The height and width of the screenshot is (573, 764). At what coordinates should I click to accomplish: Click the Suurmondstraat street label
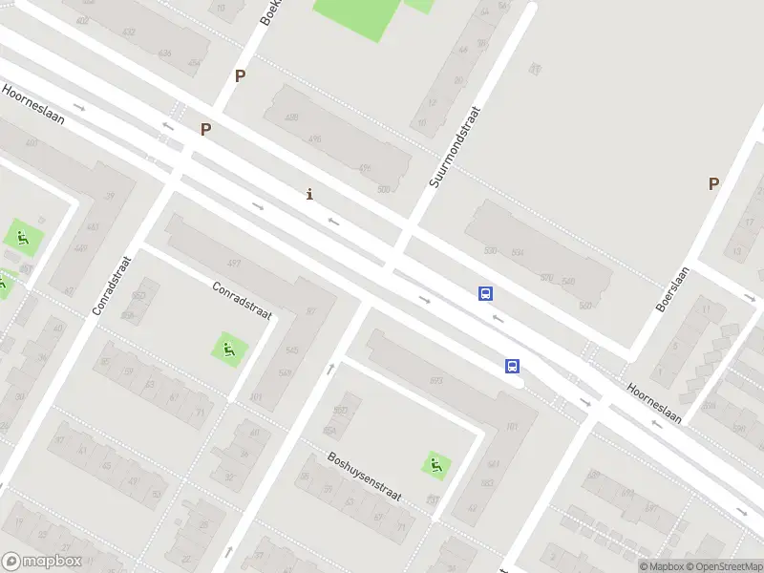pos(454,146)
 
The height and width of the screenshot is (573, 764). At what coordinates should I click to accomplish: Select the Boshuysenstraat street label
pos(364,477)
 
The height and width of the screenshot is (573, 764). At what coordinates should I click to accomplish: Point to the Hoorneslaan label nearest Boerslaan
pos(659,405)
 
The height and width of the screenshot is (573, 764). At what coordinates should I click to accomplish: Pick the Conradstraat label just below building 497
pos(242,300)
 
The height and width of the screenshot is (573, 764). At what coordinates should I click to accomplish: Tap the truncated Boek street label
pos(268,12)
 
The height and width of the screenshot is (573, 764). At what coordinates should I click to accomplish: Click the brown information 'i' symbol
pos(308,195)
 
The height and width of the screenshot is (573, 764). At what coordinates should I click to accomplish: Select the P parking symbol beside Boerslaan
pos(713,184)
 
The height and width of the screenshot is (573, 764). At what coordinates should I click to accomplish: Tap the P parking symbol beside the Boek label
pos(241,76)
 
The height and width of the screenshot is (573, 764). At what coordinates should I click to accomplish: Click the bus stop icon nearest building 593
pos(513,366)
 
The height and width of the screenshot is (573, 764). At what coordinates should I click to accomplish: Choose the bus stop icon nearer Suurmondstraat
pos(486,294)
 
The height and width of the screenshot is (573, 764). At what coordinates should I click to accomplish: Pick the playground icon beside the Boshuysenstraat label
pos(436,465)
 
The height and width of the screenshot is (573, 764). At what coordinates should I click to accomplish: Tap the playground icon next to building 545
pos(228,349)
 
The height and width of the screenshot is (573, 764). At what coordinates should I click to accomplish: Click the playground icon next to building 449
pos(22,237)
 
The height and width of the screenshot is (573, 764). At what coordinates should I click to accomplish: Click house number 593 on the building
pos(435,380)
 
